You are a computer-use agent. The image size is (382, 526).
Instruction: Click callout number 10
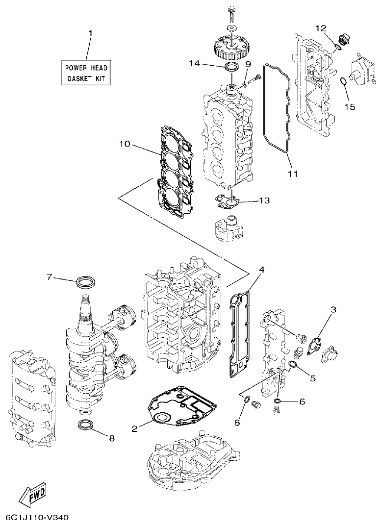[125, 144]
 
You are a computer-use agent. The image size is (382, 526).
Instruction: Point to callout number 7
[50, 277]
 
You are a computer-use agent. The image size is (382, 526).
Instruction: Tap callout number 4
[262, 270]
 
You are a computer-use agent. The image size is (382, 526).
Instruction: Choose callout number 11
[293, 173]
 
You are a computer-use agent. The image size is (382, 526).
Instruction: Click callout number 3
[333, 309]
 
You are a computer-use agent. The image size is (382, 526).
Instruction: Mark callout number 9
[248, 64]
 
